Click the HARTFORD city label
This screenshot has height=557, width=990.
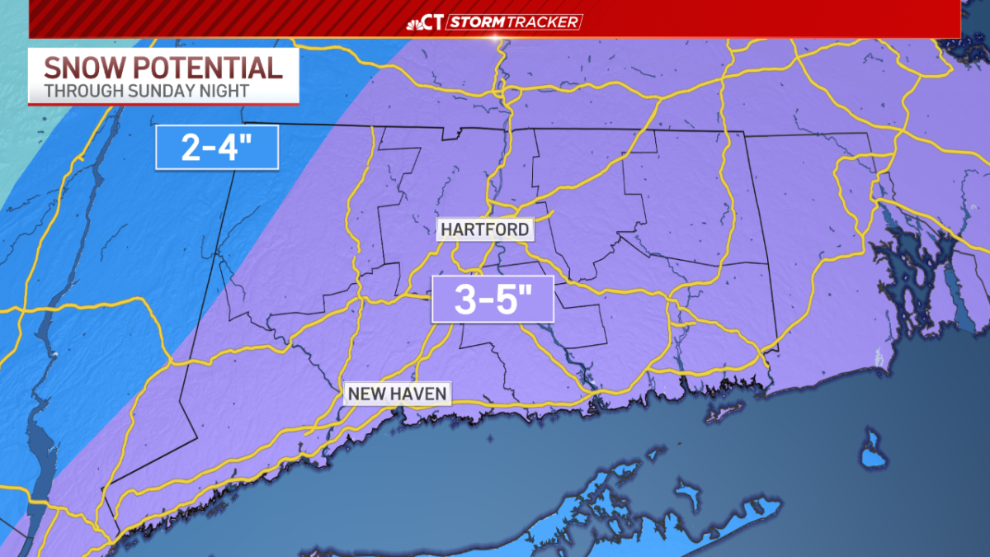[484, 229]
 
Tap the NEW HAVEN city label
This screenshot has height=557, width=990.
[397, 394]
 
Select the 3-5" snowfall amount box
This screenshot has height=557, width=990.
[493, 300]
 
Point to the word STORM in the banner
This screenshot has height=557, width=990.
[476, 21]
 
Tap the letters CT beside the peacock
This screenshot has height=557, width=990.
[435, 21]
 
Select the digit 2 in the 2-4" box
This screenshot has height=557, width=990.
[191, 149]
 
